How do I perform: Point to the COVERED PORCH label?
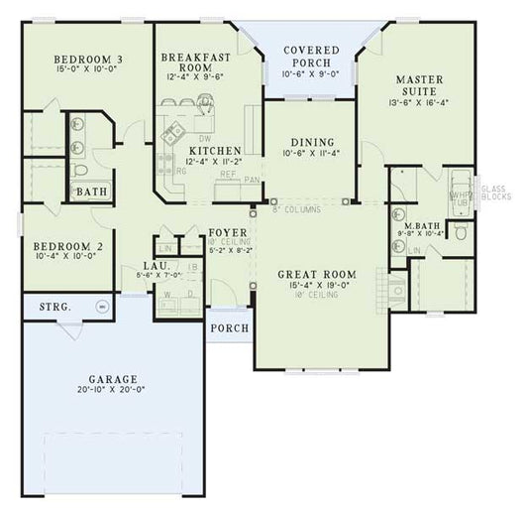pyautogui.click(x=312, y=56)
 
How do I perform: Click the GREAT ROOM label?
pyautogui.click(x=316, y=274)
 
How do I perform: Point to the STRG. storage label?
pyautogui.click(x=54, y=308)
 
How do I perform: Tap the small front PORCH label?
pyautogui.click(x=227, y=328)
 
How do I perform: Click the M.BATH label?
pyautogui.click(x=422, y=226)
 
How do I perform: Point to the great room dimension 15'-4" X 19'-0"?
pyautogui.click(x=316, y=286)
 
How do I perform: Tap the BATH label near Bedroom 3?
pyautogui.click(x=92, y=192)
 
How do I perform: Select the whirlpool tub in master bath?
pyautogui.click(x=460, y=191)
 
